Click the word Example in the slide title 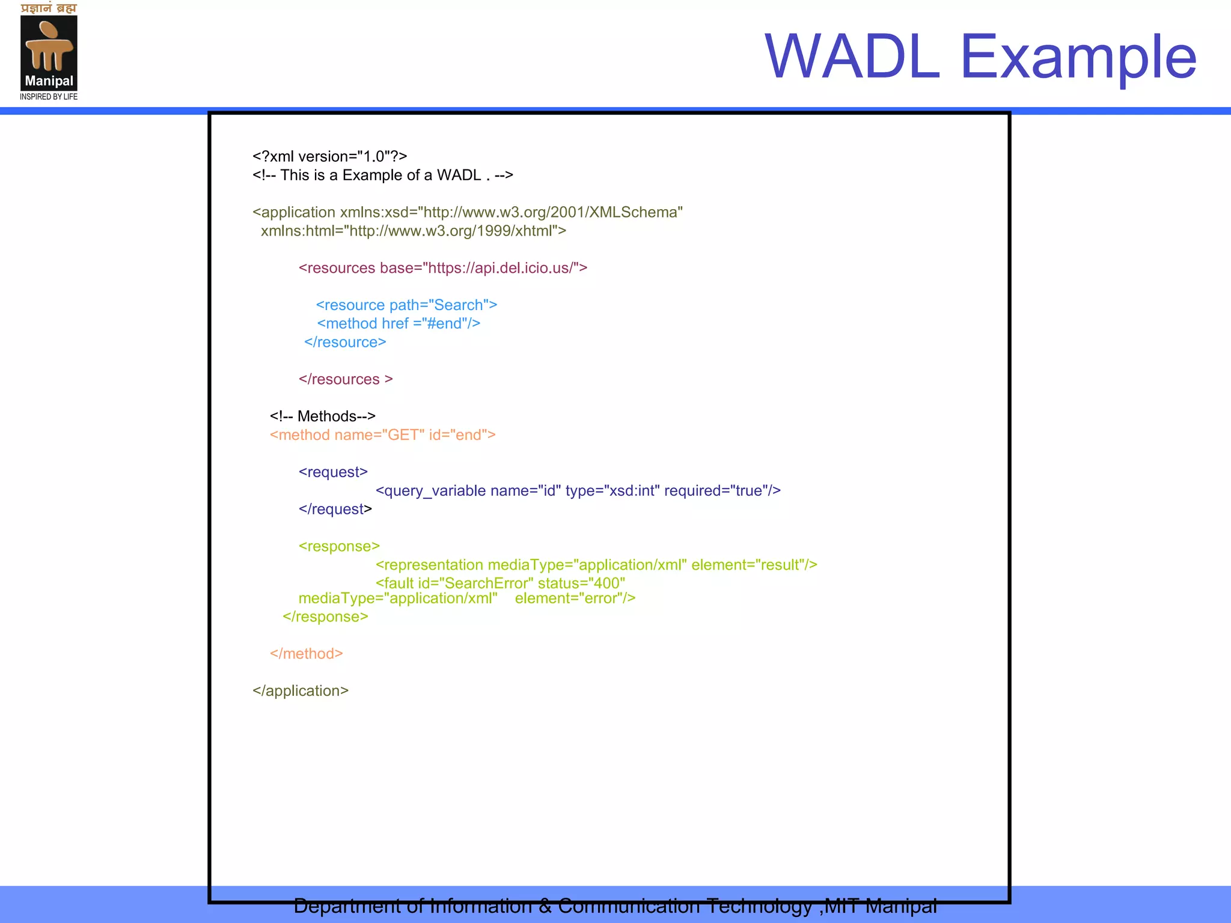[x=1078, y=56]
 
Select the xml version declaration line [x=329, y=156]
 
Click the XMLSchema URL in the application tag [x=551, y=212]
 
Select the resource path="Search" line [x=406, y=305]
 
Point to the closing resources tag [x=345, y=379]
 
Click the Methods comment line [x=322, y=416]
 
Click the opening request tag [x=333, y=472]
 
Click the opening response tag [x=339, y=546]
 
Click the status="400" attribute [x=581, y=583]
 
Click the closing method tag [x=306, y=654]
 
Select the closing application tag [x=300, y=691]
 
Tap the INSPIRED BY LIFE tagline [x=49, y=97]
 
